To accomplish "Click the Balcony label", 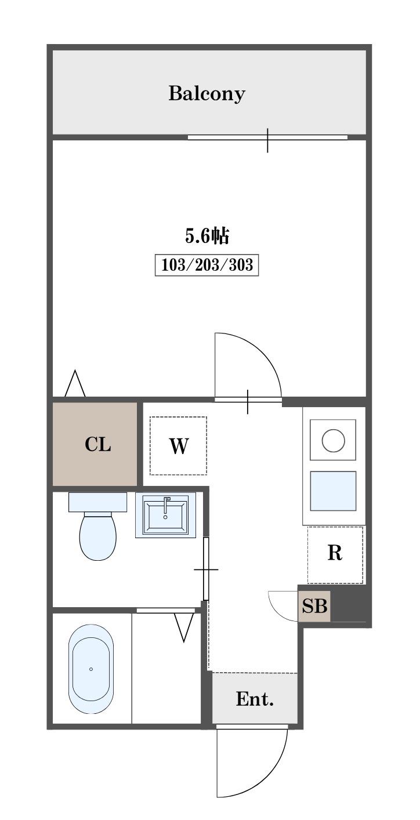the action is pyautogui.click(x=207, y=94).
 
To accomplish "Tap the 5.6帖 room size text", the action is pyautogui.click(x=207, y=235).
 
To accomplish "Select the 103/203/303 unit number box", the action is pyautogui.click(x=207, y=264).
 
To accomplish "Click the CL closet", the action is pyautogui.click(x=95, y=444).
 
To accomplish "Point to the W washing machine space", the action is pyautogui.click(x=178, y=446).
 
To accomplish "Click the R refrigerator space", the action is pyautogui.click(x=335, y=554).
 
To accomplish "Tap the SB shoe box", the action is pyautogui.click(x=314, y=606).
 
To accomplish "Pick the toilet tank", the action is pyautogui.click(x=98, y=502).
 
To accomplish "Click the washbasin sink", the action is pyautogui.click(x=165, y=515).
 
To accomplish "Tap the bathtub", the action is pyautogui.click(x=91, y=669).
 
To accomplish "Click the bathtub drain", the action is pyautogui.click(x=91, y=669).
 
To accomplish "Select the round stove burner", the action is pyautogui.click(x=333, y=440).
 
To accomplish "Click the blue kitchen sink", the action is pyautogui.click(x=333, y=491).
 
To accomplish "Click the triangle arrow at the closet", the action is pyautogui.click(x=75, y=384).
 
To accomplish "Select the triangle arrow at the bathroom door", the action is pyautogui.click(x=184, y=627).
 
